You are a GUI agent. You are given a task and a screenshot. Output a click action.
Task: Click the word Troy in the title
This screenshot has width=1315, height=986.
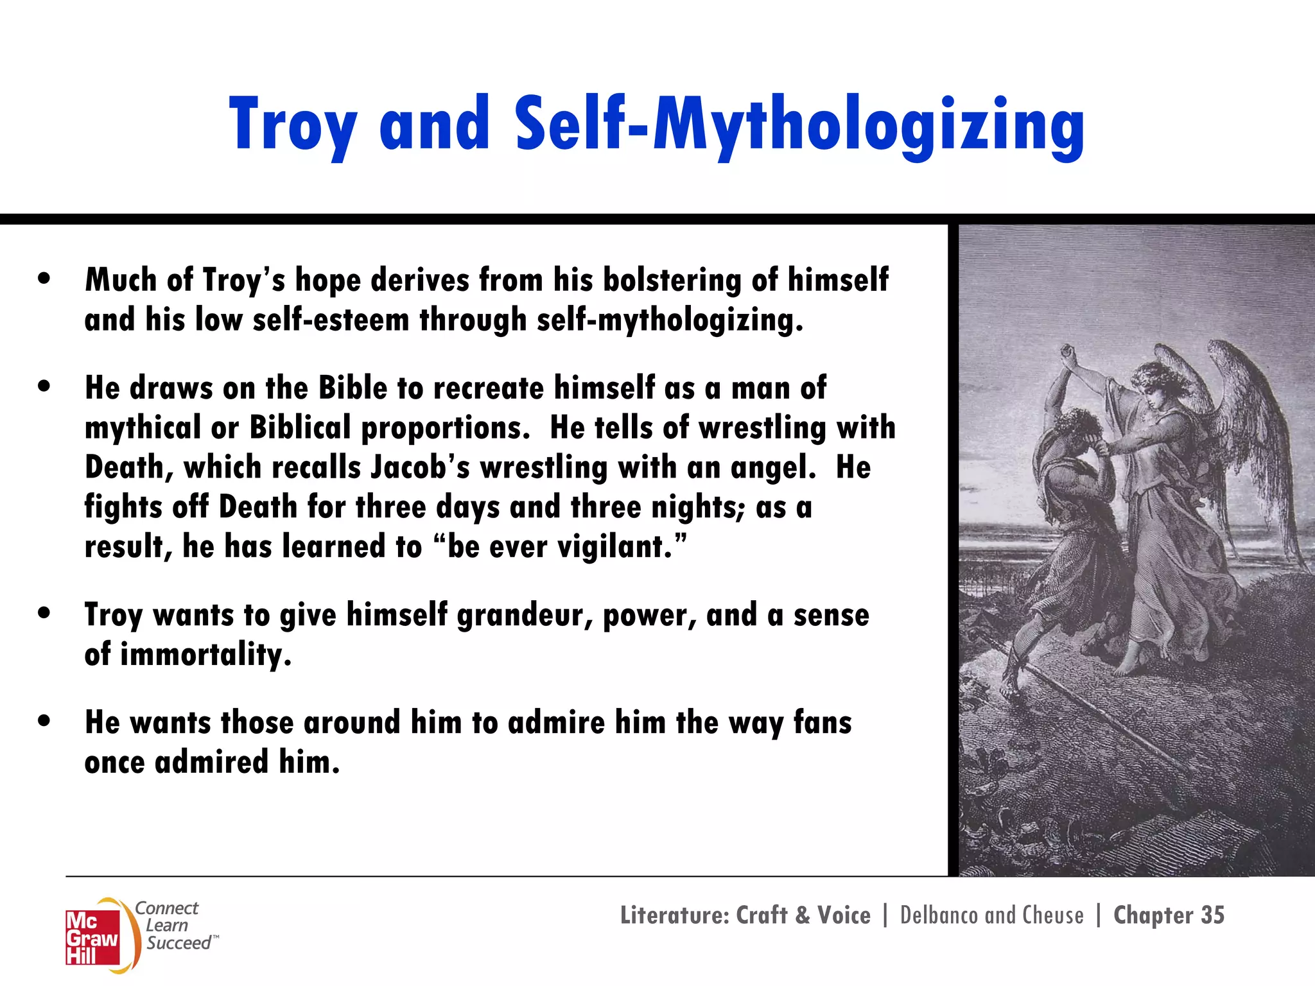[293, 125]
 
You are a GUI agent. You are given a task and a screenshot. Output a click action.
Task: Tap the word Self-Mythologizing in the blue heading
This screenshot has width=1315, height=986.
[799, 125]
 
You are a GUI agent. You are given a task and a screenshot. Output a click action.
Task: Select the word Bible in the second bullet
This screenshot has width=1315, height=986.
[353, 388]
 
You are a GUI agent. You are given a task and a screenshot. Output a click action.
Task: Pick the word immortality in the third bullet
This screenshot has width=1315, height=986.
[205, 655]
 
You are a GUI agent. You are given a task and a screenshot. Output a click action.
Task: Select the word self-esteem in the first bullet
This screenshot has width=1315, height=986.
[331, 320]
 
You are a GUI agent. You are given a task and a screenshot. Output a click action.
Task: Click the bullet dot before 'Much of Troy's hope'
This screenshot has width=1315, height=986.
[44, 279]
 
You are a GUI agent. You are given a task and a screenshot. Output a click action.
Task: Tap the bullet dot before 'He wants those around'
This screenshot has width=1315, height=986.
[44, 721]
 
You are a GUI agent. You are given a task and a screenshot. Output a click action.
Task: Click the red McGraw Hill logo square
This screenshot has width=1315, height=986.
[92, 938]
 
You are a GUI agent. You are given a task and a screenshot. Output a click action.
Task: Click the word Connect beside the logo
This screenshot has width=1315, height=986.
[167, 908]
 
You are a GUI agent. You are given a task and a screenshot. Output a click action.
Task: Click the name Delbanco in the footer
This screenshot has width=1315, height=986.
[938, 915]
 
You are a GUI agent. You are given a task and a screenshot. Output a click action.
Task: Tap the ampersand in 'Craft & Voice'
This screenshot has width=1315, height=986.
[802, 915]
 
